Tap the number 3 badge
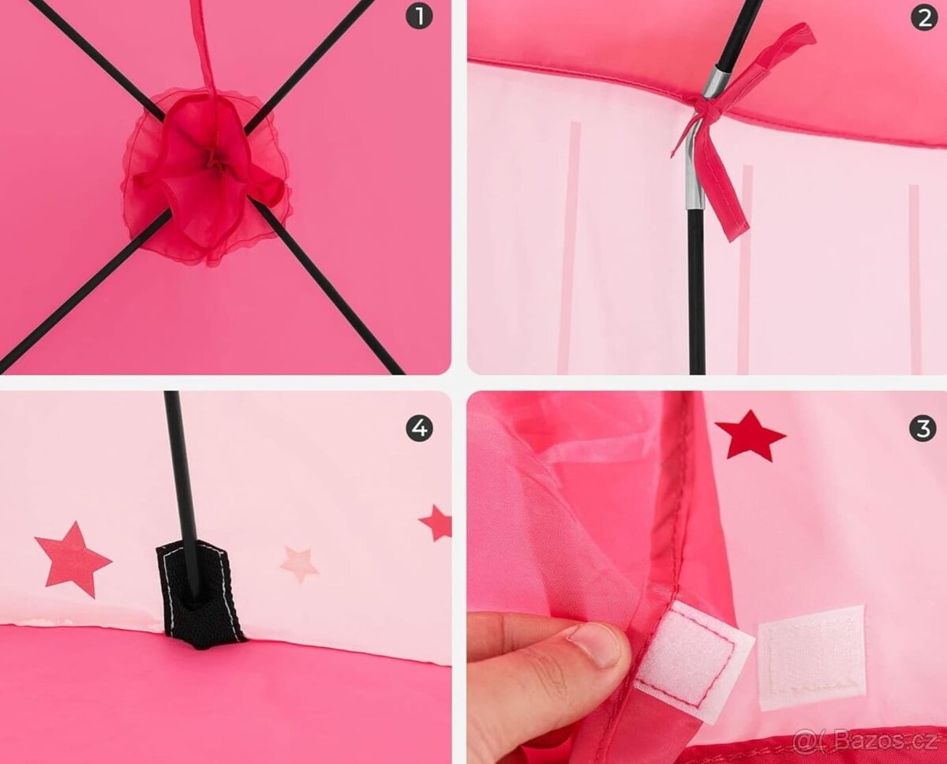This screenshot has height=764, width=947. coord(923,429)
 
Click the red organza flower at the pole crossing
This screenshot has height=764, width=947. coord(207,176)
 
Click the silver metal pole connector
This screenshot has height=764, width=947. coord(701,137)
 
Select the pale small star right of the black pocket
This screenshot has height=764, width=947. coord(299,564)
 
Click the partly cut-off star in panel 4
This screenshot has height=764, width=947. coord(437,522)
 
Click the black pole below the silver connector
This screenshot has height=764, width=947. coord(697,290)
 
